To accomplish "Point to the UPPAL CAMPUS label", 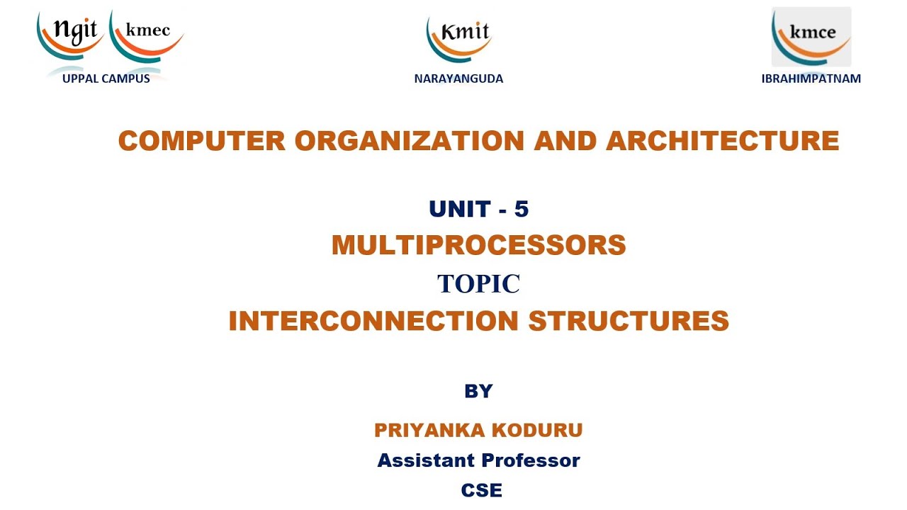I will click(106, 79).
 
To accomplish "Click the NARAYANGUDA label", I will click(458, 79).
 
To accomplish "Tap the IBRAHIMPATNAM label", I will click(811, 79).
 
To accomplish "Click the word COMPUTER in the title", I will click(202, 141).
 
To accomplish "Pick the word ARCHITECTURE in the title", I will click(722, 141).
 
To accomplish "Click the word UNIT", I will click(460, 209).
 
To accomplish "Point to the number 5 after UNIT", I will click(522, 209).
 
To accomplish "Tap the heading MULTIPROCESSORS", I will click(478, 245).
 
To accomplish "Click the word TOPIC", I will click(478, 283).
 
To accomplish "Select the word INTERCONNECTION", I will click(374, 321).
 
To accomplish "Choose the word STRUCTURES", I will click(629, 321).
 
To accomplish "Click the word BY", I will click(478, 391).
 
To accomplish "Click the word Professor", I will click(529, 460).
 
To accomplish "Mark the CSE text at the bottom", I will click(481, 490).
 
